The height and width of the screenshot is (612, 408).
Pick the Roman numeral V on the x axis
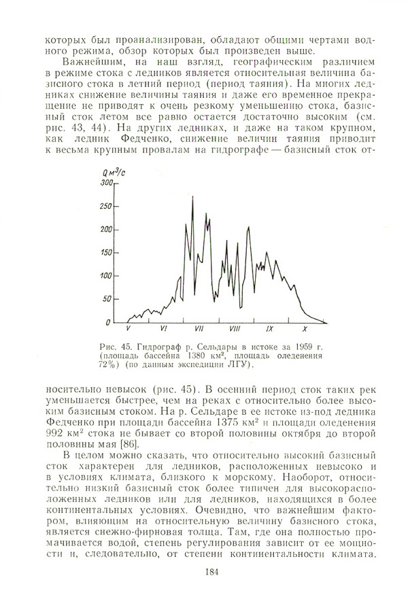(129, 329)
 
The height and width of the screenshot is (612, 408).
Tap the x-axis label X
(304, 329)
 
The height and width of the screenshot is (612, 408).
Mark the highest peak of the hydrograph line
(192, 197)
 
